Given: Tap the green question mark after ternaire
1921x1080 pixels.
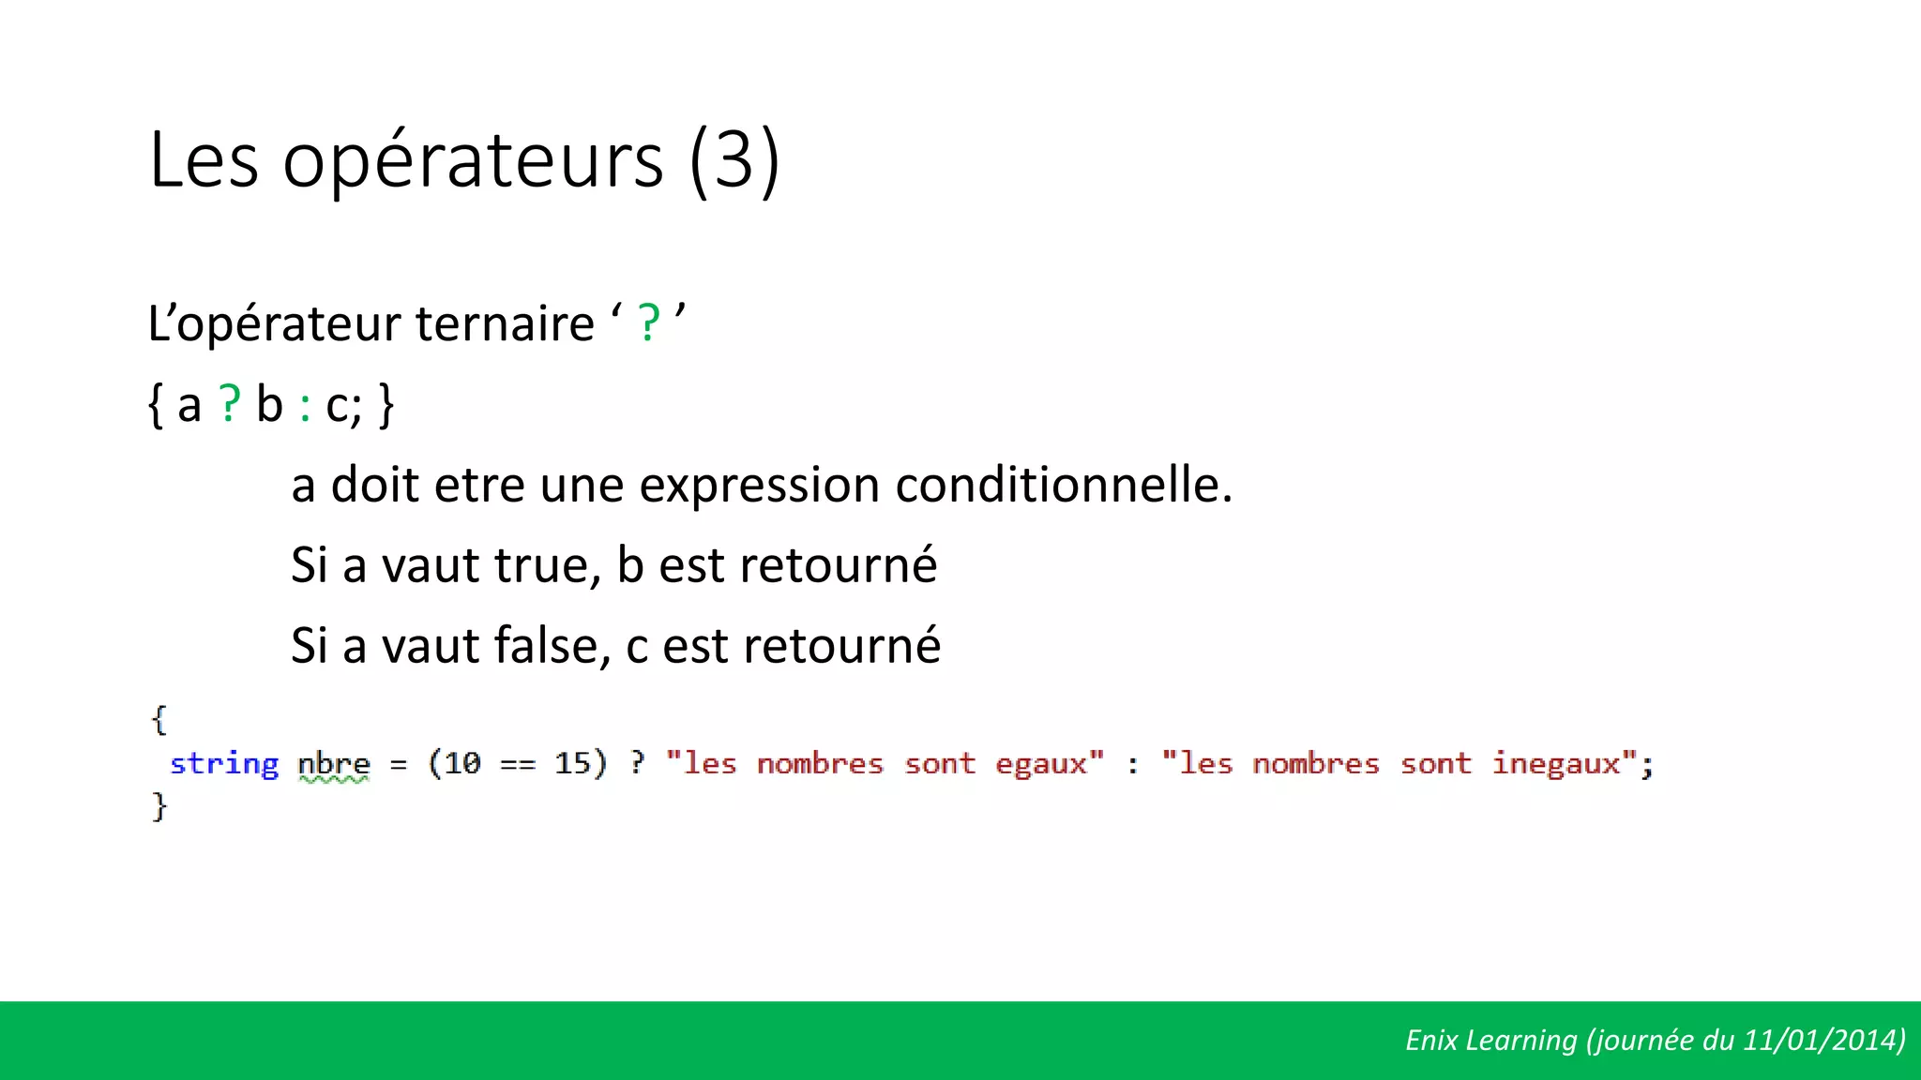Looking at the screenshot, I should pos(648,324).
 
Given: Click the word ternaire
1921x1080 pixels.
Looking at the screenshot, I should pos(505,324).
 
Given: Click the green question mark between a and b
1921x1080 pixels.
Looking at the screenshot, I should pos(230,405).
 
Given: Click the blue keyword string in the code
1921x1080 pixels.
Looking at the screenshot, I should pos(224,764).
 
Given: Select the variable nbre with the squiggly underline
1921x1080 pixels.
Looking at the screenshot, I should pos(334,765).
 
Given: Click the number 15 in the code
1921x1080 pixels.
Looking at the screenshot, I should pos(572,763).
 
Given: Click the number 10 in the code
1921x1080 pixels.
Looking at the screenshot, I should pos(461,763).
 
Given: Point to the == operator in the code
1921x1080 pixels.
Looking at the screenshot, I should pos(517,765).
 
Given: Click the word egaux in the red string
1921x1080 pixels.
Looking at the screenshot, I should pos(1041,765).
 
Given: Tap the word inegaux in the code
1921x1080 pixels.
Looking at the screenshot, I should pos(1556,765).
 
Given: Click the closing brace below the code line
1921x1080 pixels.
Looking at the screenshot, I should pos(159,806).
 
